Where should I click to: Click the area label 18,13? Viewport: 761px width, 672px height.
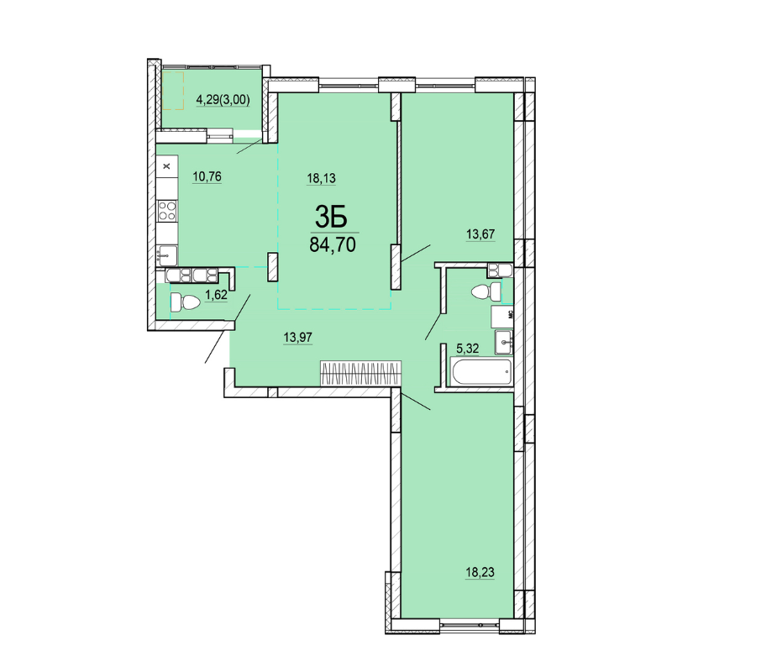click(x=322, y=179)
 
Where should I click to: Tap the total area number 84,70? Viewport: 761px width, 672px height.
click(x=333, y=245)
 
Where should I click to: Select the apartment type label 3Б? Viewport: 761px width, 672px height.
click(x=332, y=217)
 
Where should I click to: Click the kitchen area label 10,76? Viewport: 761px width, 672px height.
click(x=207, y=176)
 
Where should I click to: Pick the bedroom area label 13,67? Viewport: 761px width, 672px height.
click(x=480, y=234)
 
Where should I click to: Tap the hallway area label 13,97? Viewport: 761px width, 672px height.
click(x=298, y=337)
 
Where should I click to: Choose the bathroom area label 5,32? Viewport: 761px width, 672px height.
click(x=467, y=349)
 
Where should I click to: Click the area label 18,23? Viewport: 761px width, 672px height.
click(x=480, y=573)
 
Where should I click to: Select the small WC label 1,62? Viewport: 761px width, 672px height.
click(x=216, y=295)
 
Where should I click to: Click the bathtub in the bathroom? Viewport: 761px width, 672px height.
click(x=481, y=372)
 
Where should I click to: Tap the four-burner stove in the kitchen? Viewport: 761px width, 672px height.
click(x=167, y=211)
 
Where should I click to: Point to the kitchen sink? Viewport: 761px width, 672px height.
click(x=167, y=255)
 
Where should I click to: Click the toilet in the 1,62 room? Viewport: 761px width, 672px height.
click(x=185, y=302)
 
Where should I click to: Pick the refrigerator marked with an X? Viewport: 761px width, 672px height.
click(x=167, y=166)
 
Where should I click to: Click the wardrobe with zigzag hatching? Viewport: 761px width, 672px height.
click(x=360, y=374)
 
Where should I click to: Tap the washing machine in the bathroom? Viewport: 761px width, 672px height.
click(x=501, y=317)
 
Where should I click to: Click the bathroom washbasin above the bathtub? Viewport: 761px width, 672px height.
click(x=504, y=342)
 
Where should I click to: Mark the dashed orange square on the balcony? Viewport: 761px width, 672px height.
click(x=173, y=91)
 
